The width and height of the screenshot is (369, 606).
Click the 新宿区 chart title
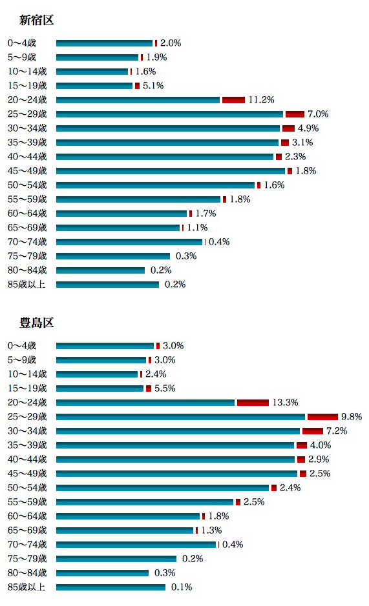tap(36, 20)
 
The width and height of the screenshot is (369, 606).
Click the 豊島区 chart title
tap(36, 323)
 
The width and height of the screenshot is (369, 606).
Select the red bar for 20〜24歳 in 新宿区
tap(233, 100)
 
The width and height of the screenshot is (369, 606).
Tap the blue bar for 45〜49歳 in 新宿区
tap(171, 171)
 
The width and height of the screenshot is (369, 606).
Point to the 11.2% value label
tap(261, 100)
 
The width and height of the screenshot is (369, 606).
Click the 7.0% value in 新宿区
tap(318, 114)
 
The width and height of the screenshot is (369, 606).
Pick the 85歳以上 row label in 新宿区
tap(26, 285)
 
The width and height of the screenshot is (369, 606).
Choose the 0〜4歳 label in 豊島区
tap(22, 345)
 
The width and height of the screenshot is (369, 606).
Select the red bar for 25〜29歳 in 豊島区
tap(323, 417)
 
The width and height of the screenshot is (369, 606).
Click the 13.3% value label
tap(286, 403)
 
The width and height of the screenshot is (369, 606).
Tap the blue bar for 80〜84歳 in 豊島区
tap(102, 572)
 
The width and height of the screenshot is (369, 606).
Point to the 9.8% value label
tap(352, 417)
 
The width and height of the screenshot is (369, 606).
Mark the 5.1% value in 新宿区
tap(153, 86)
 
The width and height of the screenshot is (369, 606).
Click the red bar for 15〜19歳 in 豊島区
tap(149, 389)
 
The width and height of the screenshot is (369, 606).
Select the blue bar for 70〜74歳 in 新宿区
tap(129, 242)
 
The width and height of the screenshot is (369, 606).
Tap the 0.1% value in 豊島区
tap(182, 587)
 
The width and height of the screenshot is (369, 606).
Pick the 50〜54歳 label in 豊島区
tap(27, 488)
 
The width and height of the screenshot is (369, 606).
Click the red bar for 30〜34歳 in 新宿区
tap(288, 128)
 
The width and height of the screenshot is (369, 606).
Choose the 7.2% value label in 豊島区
tap(337, 431)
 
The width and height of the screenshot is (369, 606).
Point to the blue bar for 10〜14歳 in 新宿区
tap(92, 72)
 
